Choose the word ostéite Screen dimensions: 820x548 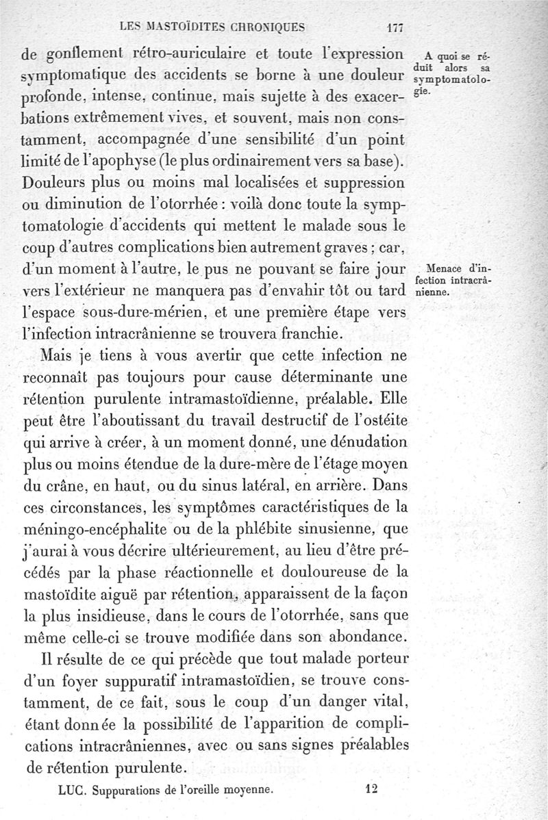pos(381,419)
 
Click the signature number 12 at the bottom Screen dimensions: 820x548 pos(372,788)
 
